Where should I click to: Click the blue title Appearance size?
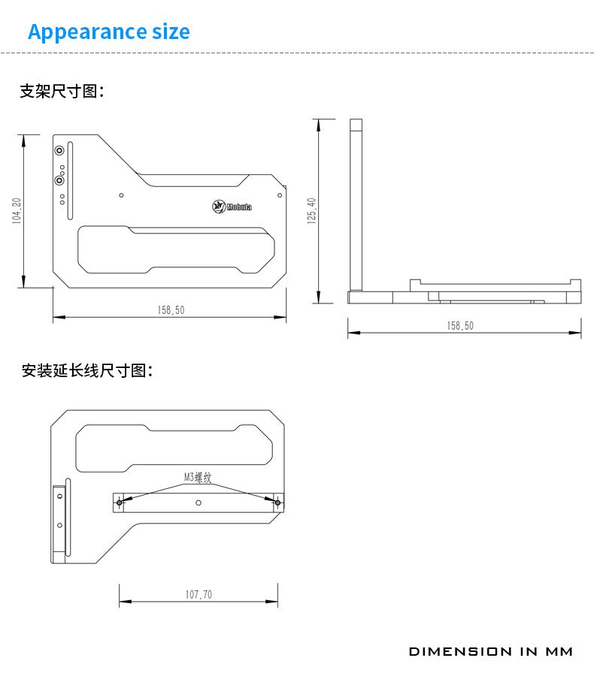tap(108, 32)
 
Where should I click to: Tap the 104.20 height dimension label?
tap(17, 211)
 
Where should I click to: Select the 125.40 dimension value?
tap(312, 211)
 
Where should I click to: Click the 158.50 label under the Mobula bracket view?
tap(171, 309)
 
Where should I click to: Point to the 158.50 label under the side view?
tap(459, 325)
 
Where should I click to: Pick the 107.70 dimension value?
tap(199, 594)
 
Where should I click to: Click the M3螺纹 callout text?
tap(198, 477)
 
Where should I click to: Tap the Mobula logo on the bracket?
tap(232, 207)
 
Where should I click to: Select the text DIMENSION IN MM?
tap(490, 651)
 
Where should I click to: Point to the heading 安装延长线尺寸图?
tap(87, 370)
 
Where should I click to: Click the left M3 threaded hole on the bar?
tap(119, 502)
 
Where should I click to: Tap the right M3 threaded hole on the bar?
tap(277, 502)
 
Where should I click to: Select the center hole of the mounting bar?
tap(198, 502)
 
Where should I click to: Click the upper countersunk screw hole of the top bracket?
tap(59, 150)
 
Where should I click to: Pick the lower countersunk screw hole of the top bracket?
tap(59, 180)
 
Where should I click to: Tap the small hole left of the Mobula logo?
tap(122, 195)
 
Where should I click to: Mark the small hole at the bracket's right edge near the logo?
tap(279, 195)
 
